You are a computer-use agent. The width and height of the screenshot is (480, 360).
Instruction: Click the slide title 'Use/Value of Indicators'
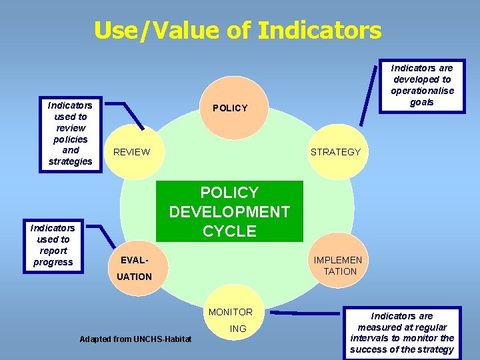(238, 30)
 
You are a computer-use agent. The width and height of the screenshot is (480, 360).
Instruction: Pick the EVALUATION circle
(133, 267)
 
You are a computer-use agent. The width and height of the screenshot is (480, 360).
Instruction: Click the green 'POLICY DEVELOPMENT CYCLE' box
(229, 211)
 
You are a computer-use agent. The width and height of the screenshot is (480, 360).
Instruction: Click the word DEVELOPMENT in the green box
(229, 212)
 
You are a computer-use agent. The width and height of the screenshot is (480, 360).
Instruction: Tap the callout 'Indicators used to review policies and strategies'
(71, 133)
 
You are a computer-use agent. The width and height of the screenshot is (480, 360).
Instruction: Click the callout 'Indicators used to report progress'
(53, 245)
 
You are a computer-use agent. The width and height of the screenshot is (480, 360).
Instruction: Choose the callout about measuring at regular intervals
(402, 333)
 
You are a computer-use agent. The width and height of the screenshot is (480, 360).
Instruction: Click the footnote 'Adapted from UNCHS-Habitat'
(135, 339)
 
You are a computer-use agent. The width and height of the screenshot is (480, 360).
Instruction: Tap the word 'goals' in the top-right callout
(422, 102)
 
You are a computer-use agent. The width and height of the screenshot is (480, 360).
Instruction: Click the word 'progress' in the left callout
(53, 262)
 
